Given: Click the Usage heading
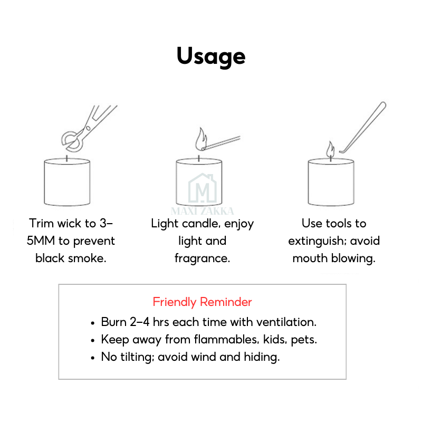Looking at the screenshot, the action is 211,57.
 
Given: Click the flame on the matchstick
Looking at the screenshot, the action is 201,139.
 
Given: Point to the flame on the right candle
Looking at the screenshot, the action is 331,149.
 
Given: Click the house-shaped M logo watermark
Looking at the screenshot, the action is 203,188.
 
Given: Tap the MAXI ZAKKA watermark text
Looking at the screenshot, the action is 203,211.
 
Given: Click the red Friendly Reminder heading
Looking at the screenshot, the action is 202,302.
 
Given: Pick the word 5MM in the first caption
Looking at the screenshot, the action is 41,241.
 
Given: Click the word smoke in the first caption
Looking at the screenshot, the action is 87,258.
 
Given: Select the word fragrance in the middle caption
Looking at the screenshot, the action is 202,259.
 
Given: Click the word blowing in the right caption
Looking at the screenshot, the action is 353,258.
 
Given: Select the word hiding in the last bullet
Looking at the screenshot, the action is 262,358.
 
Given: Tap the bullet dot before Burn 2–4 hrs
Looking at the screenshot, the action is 93,323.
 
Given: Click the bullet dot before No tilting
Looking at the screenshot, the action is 93,358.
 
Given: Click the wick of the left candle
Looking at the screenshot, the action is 67,159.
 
